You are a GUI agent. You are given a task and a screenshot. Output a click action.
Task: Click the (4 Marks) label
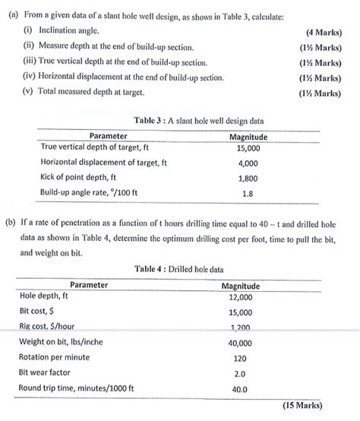321,33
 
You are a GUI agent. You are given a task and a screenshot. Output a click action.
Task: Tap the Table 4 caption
178,269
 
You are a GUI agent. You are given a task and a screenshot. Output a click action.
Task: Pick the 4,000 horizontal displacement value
248,163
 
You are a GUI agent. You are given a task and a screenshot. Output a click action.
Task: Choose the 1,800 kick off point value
248,178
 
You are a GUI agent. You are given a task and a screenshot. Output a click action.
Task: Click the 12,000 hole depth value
240,297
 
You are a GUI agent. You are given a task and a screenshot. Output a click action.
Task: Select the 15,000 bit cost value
240,312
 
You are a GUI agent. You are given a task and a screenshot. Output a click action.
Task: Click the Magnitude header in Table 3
248,136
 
